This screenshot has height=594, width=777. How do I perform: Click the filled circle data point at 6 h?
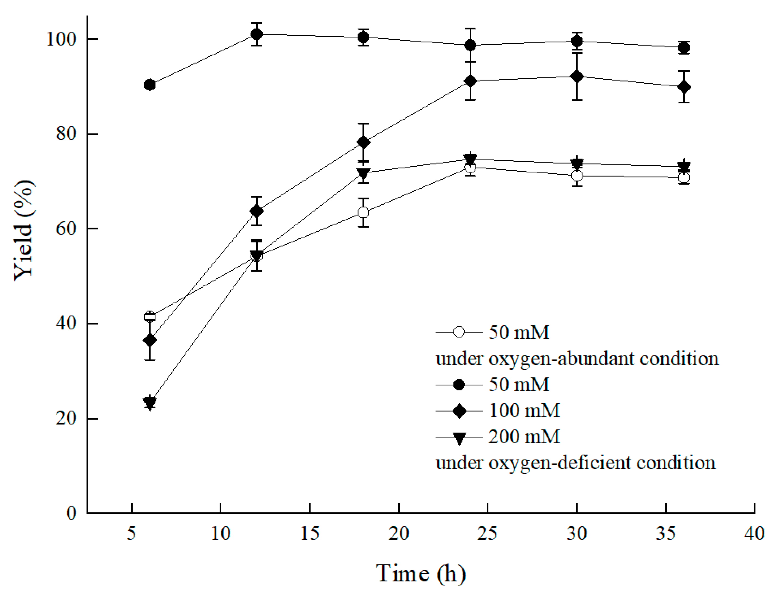coord(150,85)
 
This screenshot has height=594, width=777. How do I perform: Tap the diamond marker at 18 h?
coord(363,142)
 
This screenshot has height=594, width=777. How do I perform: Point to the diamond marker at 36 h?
coord(684,87)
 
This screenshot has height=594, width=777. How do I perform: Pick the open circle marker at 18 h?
coord(363,212)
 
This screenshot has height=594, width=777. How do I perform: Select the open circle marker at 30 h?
coord(577,176)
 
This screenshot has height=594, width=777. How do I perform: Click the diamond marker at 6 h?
coord(150,340)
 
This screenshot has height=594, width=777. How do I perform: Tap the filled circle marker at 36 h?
coord(684,47)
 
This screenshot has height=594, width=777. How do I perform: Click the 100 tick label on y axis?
coord(61,39)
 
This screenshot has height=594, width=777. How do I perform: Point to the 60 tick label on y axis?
coord(66,228)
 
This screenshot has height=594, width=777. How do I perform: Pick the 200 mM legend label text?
coord(524,437)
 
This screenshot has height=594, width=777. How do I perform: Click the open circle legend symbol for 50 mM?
coord(459,332)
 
